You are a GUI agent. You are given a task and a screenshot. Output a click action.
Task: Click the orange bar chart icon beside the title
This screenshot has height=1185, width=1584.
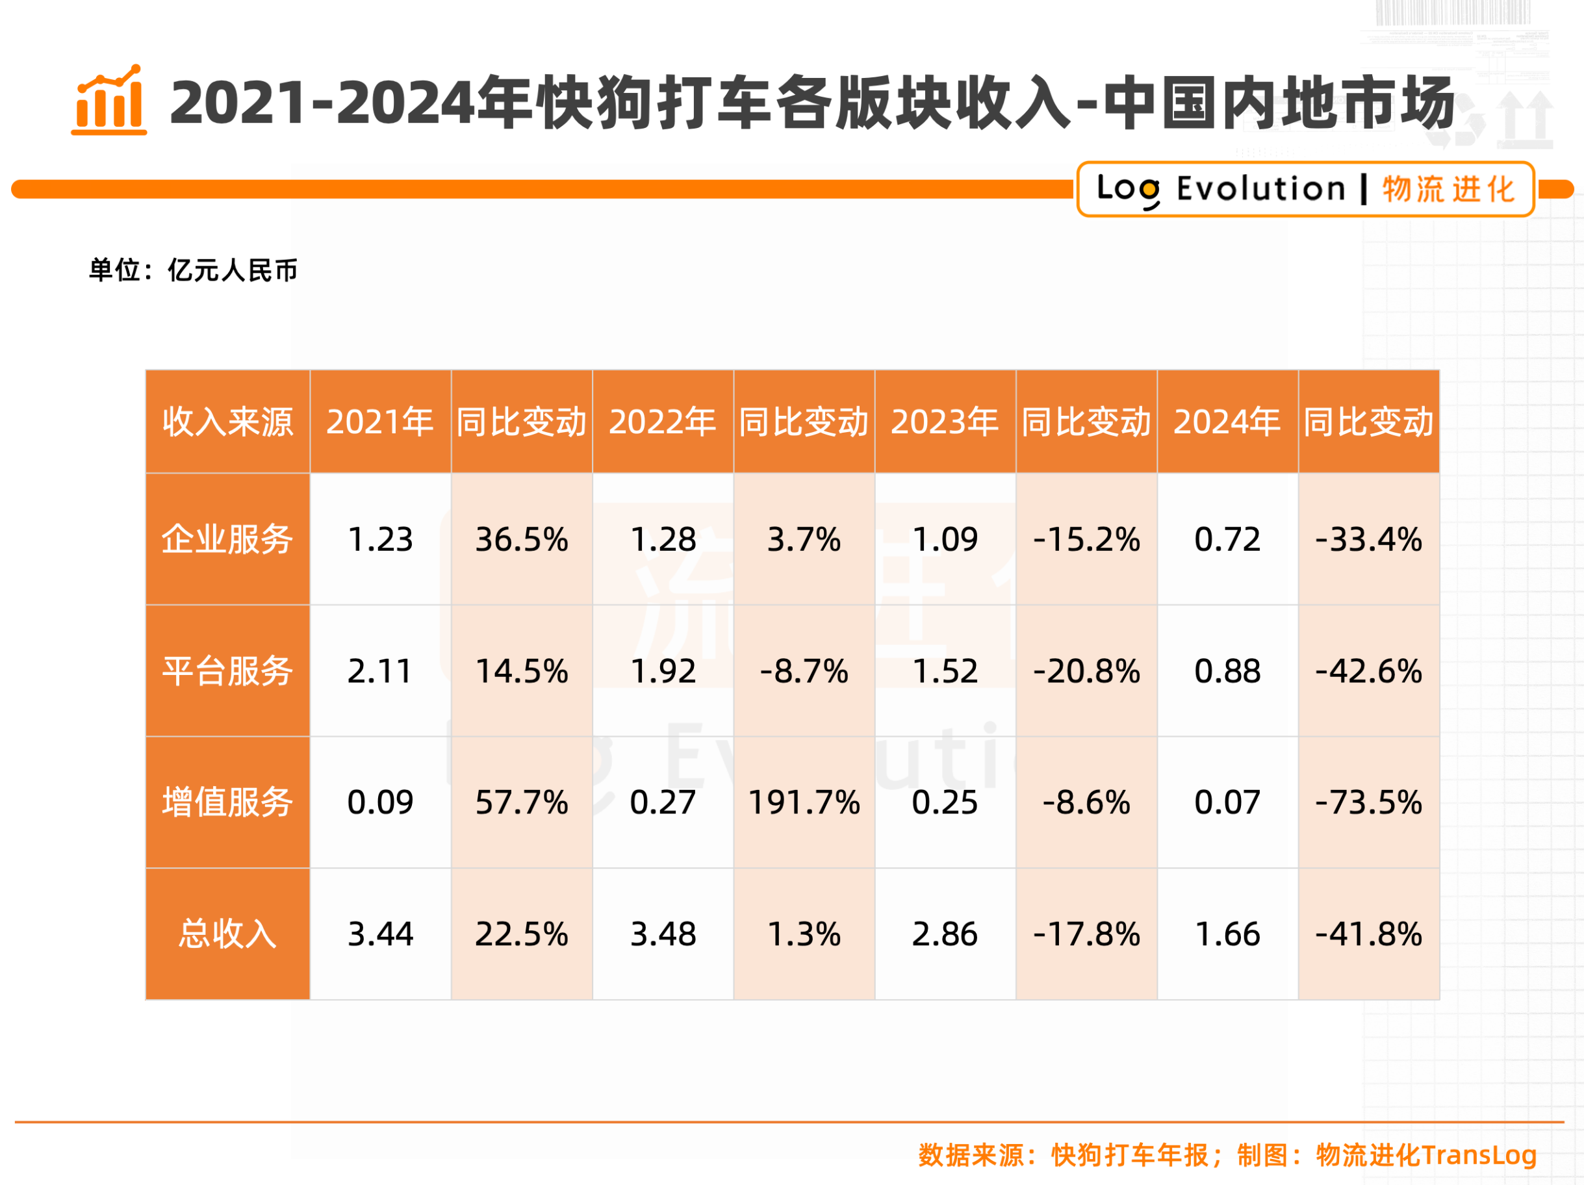pyautogui.click(x=109, y=100)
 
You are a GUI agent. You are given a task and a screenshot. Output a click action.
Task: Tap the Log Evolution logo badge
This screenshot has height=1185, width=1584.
pyautogui.click(x=1305, y=189)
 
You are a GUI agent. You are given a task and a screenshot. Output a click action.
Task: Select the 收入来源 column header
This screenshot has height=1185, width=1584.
pyautogui.click(x=227, y=422)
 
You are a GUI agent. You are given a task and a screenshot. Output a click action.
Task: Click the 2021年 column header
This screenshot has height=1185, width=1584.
pyautogui.click(x=380, y=422)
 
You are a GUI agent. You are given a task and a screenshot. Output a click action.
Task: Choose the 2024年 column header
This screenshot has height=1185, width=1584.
pyautogui.click(x=1227, y=422)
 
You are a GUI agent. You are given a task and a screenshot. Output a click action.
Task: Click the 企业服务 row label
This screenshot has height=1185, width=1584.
pyautogui.click(x=227, y=539)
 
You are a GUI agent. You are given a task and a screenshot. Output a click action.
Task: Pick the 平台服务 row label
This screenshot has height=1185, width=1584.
pyautogui.click(x=227, y=671)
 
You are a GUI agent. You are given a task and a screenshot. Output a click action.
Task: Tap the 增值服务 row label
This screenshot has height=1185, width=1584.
pyautogui.click(x=227, y=802)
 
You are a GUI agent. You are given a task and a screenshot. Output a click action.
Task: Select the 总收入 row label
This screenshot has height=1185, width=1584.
pyautogui.click(x=227, y=934)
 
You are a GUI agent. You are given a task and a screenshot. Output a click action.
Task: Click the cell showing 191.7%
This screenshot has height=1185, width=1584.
pyautogui.click(x=804, y=802)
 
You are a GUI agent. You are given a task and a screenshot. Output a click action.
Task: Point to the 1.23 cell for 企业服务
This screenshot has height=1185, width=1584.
pyautogui.click(x=380, y=539)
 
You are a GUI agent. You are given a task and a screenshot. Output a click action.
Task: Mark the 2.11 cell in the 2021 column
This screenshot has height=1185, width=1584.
pyautogui.click(x=380, y=671)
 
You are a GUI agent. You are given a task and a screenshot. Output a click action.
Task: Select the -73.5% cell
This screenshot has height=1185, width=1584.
pyautogui.click(x=1368, y=802)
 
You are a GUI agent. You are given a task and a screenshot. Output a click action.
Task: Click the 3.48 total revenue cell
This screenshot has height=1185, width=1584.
pyautogui.click(x=663, y=934)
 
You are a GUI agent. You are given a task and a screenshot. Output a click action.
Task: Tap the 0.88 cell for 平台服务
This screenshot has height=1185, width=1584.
pyautogui.click(x=1227, y=671)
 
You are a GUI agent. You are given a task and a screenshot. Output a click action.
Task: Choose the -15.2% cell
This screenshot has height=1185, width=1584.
pyautogui.click(x=1086, y=539)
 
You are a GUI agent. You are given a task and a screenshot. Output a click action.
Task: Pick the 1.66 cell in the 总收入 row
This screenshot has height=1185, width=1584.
pyautogui.click(x=1227, y=934)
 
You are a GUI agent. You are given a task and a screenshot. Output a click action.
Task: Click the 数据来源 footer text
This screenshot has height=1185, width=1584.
pyautogui.click(x=1227, y=1155)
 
